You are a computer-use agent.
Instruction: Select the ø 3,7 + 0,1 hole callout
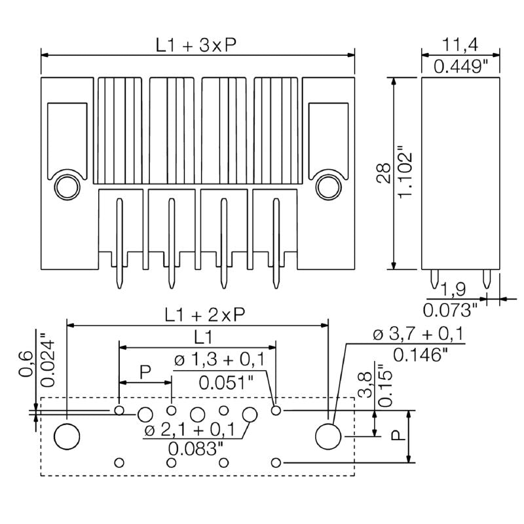(x=418, y=335)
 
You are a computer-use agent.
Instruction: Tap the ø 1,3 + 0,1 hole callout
(x=219, y=360)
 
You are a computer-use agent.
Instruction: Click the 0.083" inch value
(x=196, y=449)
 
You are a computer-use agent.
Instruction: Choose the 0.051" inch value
(x=225, y=382)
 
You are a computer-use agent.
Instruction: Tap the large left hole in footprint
(x=67, y=436)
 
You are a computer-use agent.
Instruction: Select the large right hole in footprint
(x=328, y=436)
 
